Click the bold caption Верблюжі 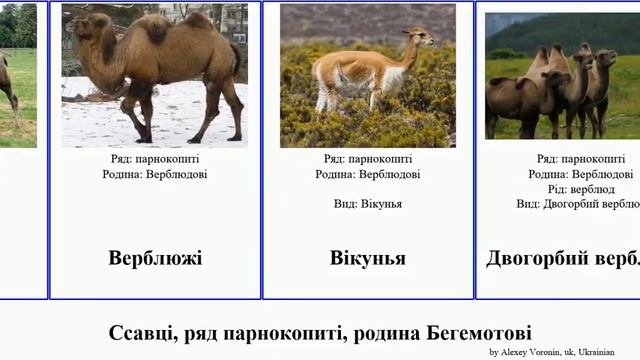pos(155,258)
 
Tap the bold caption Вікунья pos(368,258)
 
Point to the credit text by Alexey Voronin pos(551,352)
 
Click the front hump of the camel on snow pos(156,29)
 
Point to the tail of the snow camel pos(237,60)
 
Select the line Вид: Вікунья pos(368,204)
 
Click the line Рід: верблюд pos(581,189)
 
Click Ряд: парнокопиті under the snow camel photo pos(155,159)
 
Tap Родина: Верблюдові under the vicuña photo pos(368,174)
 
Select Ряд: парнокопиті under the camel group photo pos(581,159)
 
